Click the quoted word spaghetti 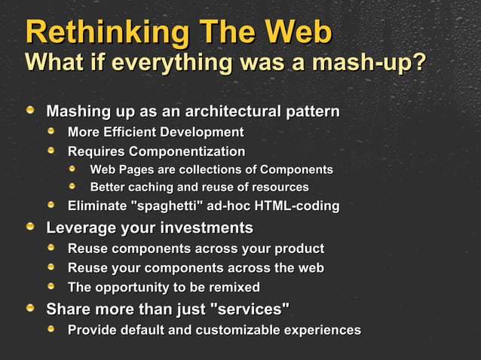click(163, 206)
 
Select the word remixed click(233, 287)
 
